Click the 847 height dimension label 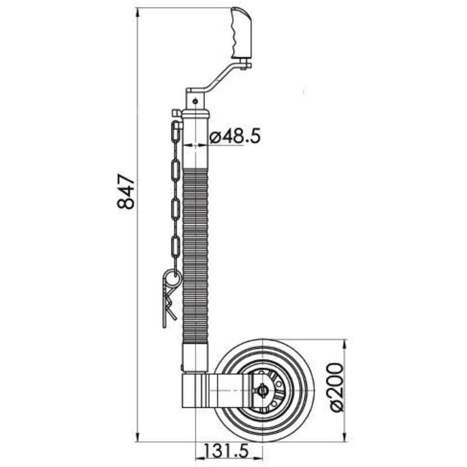pos(126,191)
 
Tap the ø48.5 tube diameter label pos(235,136)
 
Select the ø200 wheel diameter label pos(337,387)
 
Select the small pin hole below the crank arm pos(195,101)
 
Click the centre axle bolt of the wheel pos(262,389)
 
